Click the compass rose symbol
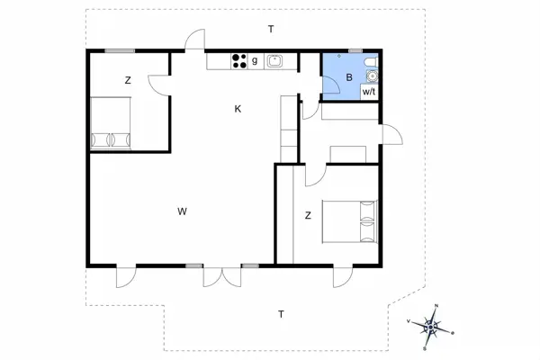(x=432, y=327)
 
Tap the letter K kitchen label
(x=238, y=109)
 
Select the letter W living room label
(x=182, y=211)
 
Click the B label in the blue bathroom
(x=349, y=78)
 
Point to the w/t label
(x=369, y=91)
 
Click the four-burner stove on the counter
(x=239, y=61)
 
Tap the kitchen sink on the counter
(x=275, y=61)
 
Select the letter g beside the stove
(x=255, y=61)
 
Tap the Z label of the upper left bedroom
(x=128, y=81)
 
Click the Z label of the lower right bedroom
(x=308, y=215)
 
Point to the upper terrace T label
(x=270, y=30)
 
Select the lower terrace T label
(x=281, y=314)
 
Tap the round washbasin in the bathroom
(x=372, y=76)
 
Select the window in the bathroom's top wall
(x=355, y=51)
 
